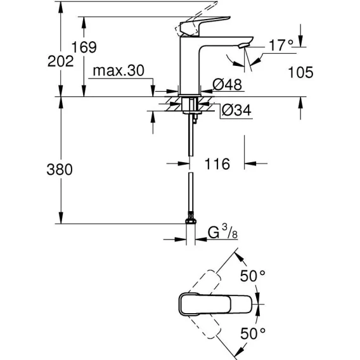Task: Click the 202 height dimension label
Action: (x=61, y=61)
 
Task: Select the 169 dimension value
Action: (x=84, y=47)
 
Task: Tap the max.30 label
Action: (x=119, y=70)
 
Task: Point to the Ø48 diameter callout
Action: (x=227, y=84)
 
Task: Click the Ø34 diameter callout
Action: (x=236, y=110)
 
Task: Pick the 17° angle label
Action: (x=281, y=45)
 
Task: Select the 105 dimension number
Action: (x=300, y=72)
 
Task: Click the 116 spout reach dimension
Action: (x=217, y=164)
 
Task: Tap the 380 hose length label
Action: (x=60, y=169)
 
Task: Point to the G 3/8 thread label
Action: (x=222, y=232)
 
